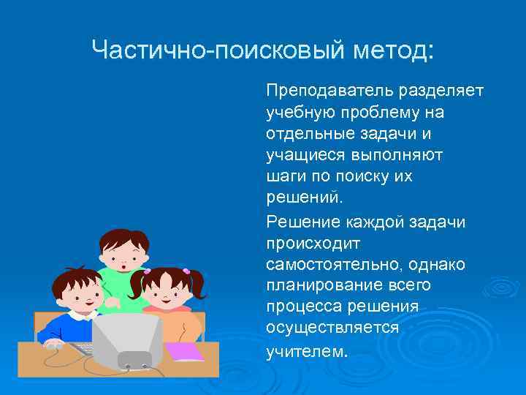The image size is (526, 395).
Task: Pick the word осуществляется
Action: pos(332,328)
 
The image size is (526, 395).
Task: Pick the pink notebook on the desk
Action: pos(184,352)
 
